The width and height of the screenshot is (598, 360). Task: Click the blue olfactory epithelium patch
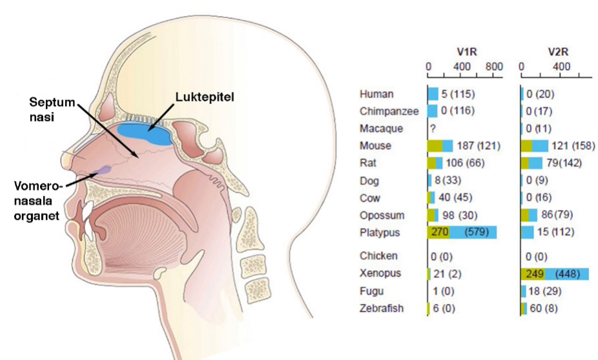pyautogui.click(x=145, y=132)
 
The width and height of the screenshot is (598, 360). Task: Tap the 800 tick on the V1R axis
pyautogui.click(x=494, y=67)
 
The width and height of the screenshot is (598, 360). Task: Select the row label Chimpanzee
pyautogui.click(x=389, y=111)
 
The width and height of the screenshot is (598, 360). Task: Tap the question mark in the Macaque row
pyautogui.click(x=433, y=129)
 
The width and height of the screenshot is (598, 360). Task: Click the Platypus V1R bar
pyautogui.click(x=462, y=233)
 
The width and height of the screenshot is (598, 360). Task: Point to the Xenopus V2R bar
pyautogui.click(x=554, y=273)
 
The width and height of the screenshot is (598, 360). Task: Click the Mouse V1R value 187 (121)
pyautogui.click(x=478, y=146)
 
